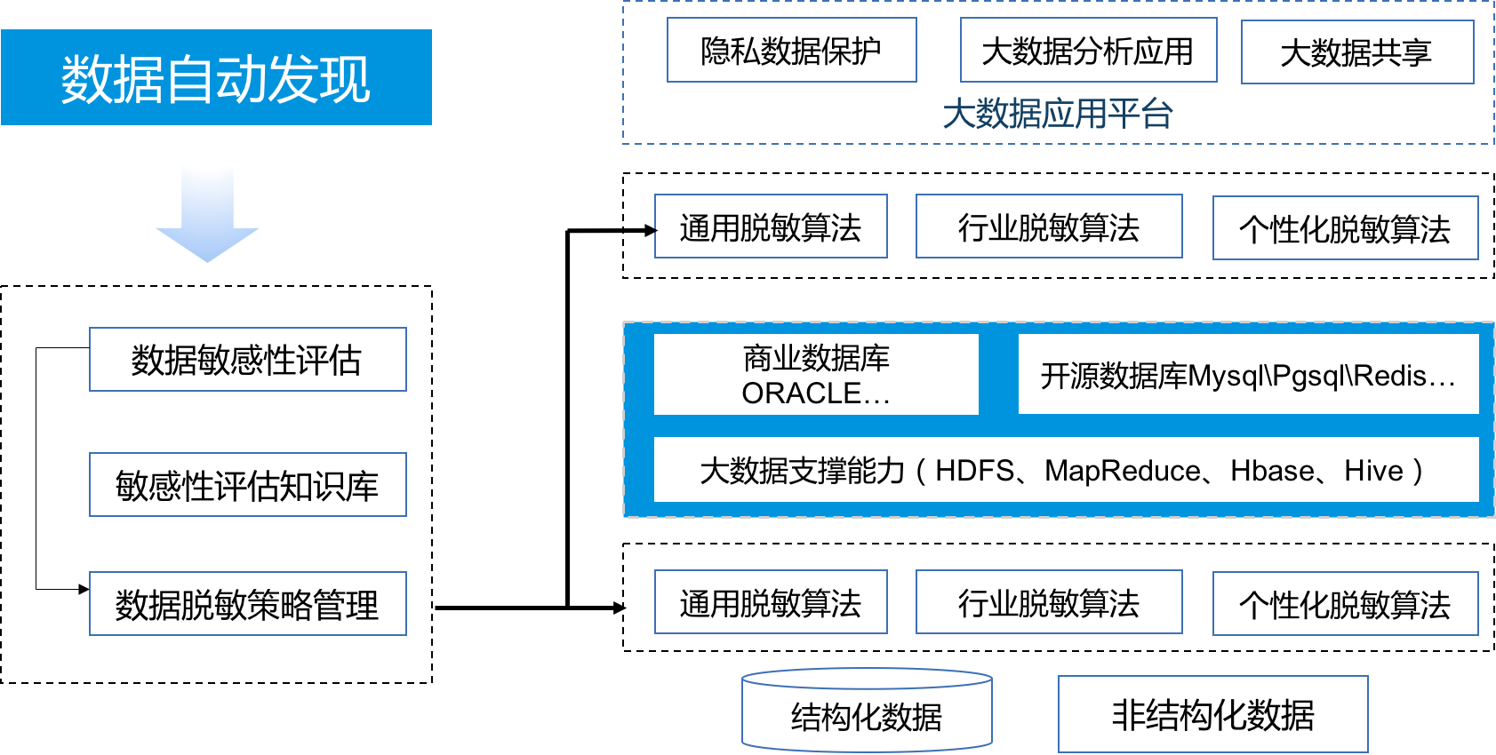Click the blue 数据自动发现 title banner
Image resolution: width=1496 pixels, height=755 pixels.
[216, 77]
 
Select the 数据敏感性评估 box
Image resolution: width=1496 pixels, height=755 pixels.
[247, 360]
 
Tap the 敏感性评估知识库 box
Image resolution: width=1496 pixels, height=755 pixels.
[247, 485]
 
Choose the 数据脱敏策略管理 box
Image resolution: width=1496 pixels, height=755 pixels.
[247, 604]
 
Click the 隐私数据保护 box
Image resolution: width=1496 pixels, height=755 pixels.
[791, 51]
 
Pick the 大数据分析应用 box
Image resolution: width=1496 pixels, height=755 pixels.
[1088, 51]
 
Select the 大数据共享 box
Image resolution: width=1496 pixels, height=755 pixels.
[1356, 52]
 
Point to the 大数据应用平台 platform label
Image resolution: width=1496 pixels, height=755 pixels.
[1058, 114]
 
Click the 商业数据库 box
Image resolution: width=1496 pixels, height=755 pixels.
[816, 359]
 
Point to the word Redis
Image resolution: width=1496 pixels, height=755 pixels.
[1390, 377]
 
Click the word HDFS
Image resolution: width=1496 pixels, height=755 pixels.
[974, 471]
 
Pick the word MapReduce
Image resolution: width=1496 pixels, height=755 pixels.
[1122, 471]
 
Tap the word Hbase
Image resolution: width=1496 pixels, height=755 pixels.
[1272, 471]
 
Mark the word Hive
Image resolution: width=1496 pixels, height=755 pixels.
[1373, 471]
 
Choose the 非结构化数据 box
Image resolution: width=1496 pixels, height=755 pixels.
[1212, 714]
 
